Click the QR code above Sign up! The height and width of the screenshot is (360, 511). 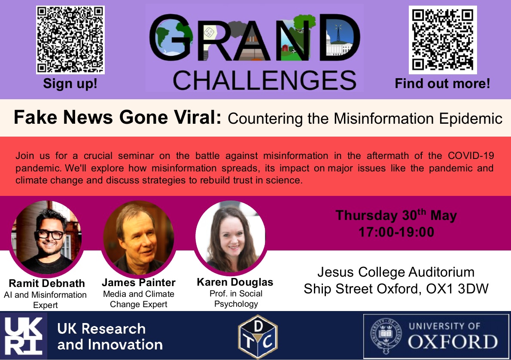coord(70,40)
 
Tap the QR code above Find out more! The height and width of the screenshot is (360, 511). coord(443,40)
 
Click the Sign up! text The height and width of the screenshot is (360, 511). coord(70,83)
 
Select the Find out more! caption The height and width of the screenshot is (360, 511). coord(442,83)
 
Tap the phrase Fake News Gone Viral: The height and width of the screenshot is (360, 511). coord(117,117)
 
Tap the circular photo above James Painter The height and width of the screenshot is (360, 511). coord(138,237)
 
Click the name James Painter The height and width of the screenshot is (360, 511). coord(138,283)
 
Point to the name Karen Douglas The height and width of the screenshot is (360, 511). coord(235,282)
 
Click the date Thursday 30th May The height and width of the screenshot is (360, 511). coord(395,215)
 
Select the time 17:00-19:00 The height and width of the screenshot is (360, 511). coord(396,232)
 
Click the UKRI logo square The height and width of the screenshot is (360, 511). coord(24,336)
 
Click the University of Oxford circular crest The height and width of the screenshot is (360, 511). coord(384,336)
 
